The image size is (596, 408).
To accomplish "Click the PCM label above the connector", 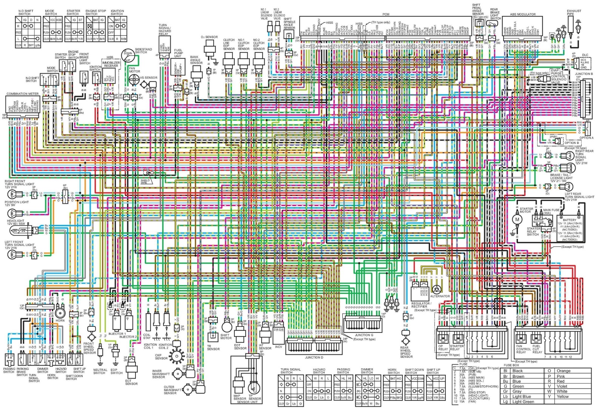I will click(385, 14).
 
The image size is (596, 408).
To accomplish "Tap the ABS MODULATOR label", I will click(523, 14).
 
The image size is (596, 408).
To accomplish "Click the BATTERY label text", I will click(570, 220).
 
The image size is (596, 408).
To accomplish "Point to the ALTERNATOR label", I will click(440, 296).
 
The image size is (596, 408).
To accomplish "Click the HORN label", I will click(60, 320).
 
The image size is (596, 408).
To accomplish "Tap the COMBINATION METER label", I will click(23, 94).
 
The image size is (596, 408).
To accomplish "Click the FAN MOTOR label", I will click(134, 70).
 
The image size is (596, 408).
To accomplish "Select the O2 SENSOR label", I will click(209, 37).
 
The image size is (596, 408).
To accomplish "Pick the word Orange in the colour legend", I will click(564, 371).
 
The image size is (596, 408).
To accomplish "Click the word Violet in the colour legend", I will click(562, 386).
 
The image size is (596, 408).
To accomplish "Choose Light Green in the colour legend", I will click(523, 402).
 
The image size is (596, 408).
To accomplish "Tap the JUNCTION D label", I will click(314, 357).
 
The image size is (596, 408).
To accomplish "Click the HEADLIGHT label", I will click(15, 221).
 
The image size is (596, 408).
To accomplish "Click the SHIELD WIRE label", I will click(145, 182).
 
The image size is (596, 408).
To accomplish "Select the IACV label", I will click(278, 347).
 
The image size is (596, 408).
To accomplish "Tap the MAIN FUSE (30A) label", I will click(551, 212).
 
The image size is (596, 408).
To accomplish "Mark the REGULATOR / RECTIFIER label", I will click(421, 305).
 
